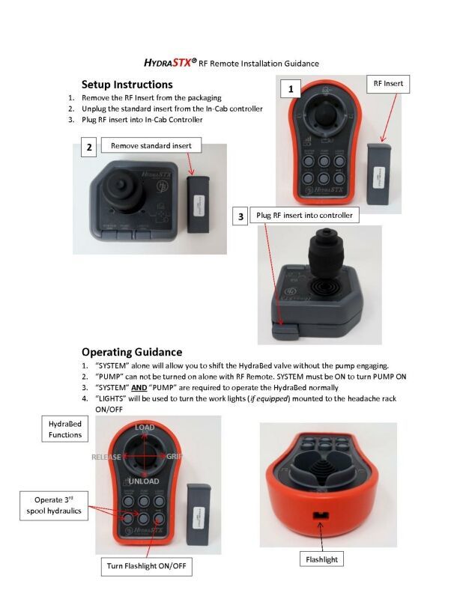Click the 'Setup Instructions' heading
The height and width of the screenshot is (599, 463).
click(127, 85)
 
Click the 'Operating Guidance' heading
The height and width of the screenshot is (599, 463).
click(131, 351)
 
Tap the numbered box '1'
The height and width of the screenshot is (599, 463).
click(289, 89)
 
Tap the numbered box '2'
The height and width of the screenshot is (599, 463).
click(89, 148)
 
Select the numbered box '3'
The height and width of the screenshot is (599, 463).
click(240, 216)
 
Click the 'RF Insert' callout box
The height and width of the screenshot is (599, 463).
click(388, 84)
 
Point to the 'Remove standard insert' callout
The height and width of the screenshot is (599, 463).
click(151, 145)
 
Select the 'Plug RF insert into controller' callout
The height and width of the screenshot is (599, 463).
click(303, 216)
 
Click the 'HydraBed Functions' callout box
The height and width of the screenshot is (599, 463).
click(65, 429)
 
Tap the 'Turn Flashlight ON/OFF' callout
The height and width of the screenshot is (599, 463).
click(146, 567)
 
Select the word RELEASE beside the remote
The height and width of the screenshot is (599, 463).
click(106, 457)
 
